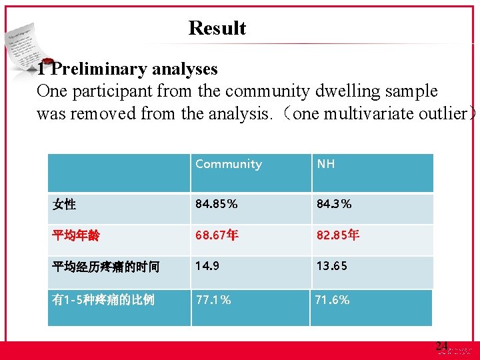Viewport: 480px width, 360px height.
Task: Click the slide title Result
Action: click(217, 28)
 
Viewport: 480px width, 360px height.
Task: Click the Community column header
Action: click(228, 164)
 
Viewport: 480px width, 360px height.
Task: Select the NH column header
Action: click(325, 164)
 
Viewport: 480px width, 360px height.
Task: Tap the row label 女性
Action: click(64, 205)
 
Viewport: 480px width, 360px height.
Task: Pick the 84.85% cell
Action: click(216, 204)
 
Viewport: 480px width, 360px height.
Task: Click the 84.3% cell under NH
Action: click(334, 204)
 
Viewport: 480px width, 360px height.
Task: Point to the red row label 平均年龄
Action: click(76, 236)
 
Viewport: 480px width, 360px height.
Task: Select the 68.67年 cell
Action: click(217, 235)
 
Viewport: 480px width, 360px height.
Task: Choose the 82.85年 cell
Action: click(338, 235)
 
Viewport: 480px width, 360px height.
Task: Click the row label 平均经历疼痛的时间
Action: click(106, 267)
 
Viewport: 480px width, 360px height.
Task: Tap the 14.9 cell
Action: click(207, 266)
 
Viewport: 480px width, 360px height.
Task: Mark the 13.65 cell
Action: click(331, 266)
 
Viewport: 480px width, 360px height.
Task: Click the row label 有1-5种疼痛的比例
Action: click(103, 300)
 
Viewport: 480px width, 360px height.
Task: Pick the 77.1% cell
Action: click(213, 300)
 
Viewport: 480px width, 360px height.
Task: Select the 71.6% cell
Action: click(332, 300)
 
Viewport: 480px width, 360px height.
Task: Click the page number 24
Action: click(441, 345)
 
